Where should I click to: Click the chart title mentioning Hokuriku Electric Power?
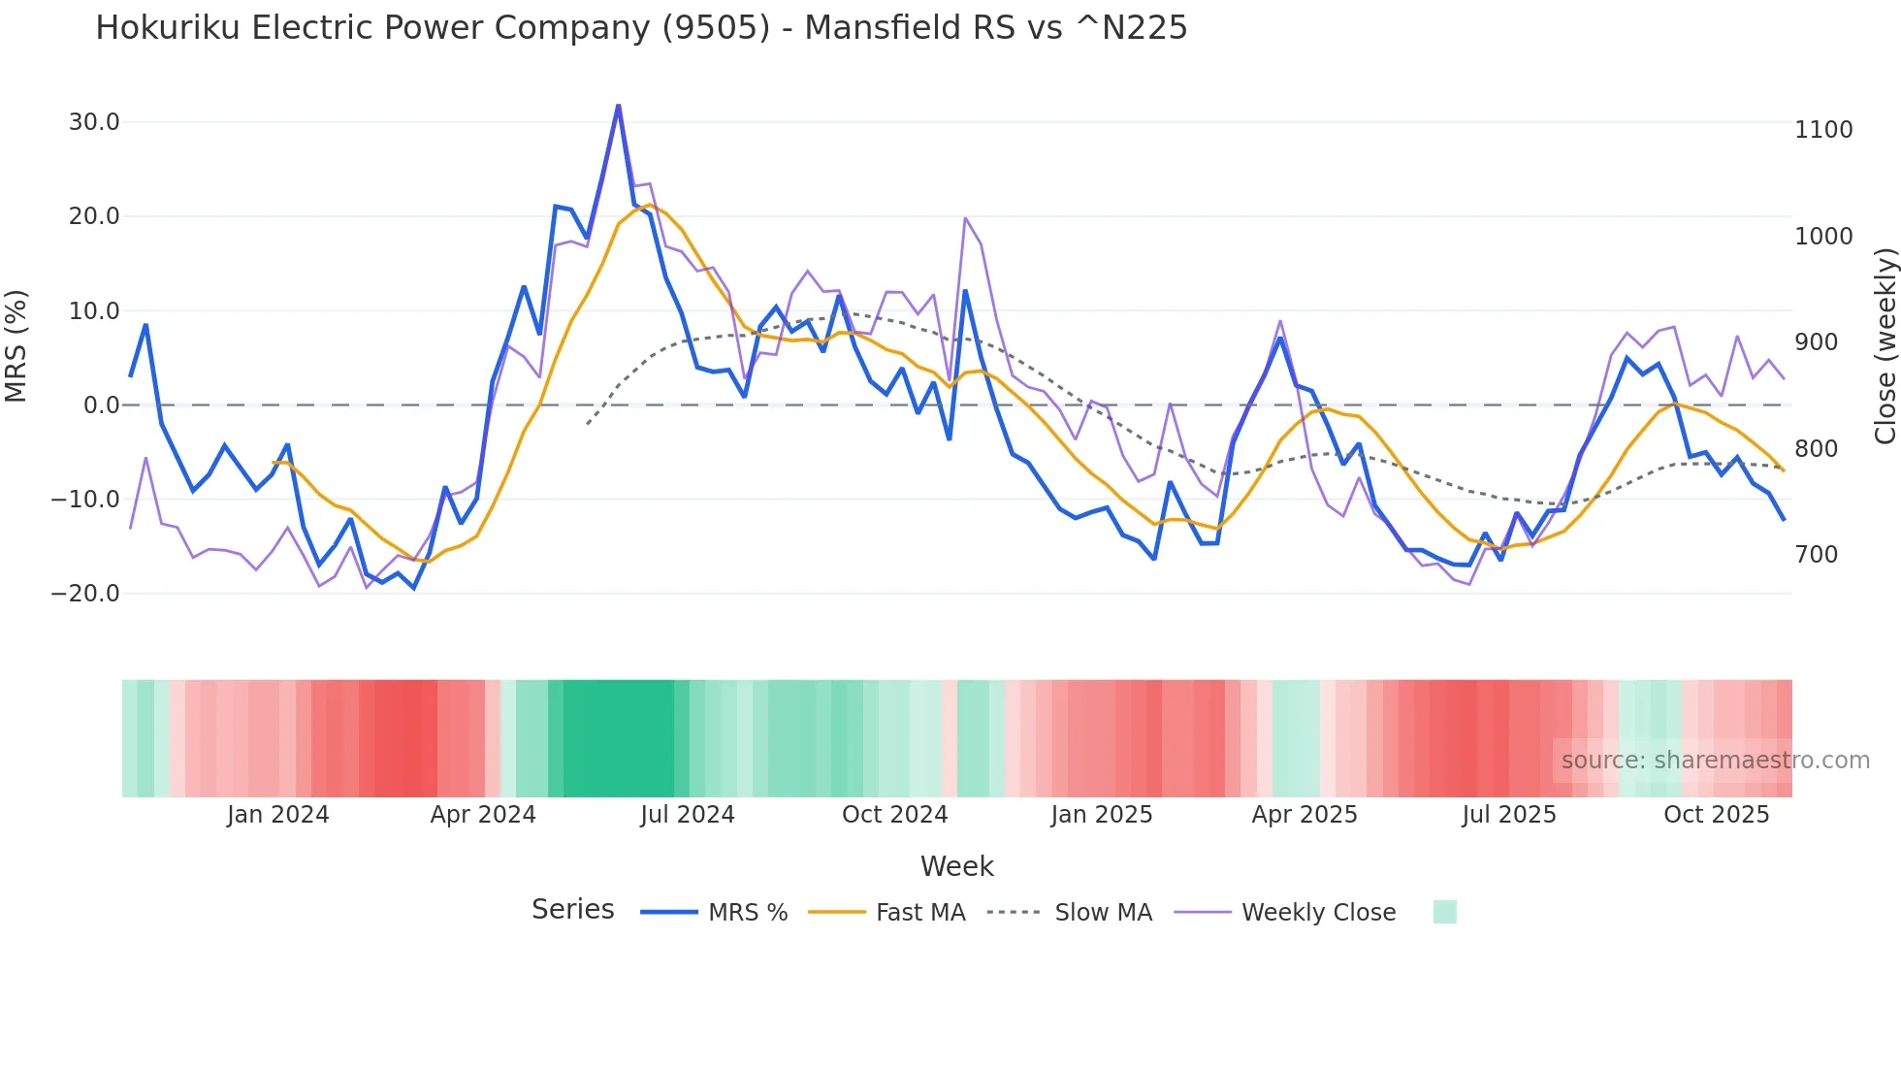(641, 27)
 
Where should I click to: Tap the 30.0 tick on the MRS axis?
(94, 122)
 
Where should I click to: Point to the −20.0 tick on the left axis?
(85, 594)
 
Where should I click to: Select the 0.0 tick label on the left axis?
(102, 405)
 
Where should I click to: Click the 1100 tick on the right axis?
(1823, 130)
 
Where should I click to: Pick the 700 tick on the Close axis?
(1817, 555)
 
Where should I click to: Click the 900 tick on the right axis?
(1817, 342)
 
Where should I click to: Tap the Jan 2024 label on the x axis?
(278, 815)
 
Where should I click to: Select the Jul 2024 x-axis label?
(688, 815)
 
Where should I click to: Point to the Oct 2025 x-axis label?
(1717, 815)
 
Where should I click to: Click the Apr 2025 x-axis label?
(1305, 815)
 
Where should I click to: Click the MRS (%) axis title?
(16, 345)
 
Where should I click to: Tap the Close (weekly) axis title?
(1885, 345)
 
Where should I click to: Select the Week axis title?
(956, 866)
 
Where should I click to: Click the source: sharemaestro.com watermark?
(1715, 761)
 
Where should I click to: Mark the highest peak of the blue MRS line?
(619, 106)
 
